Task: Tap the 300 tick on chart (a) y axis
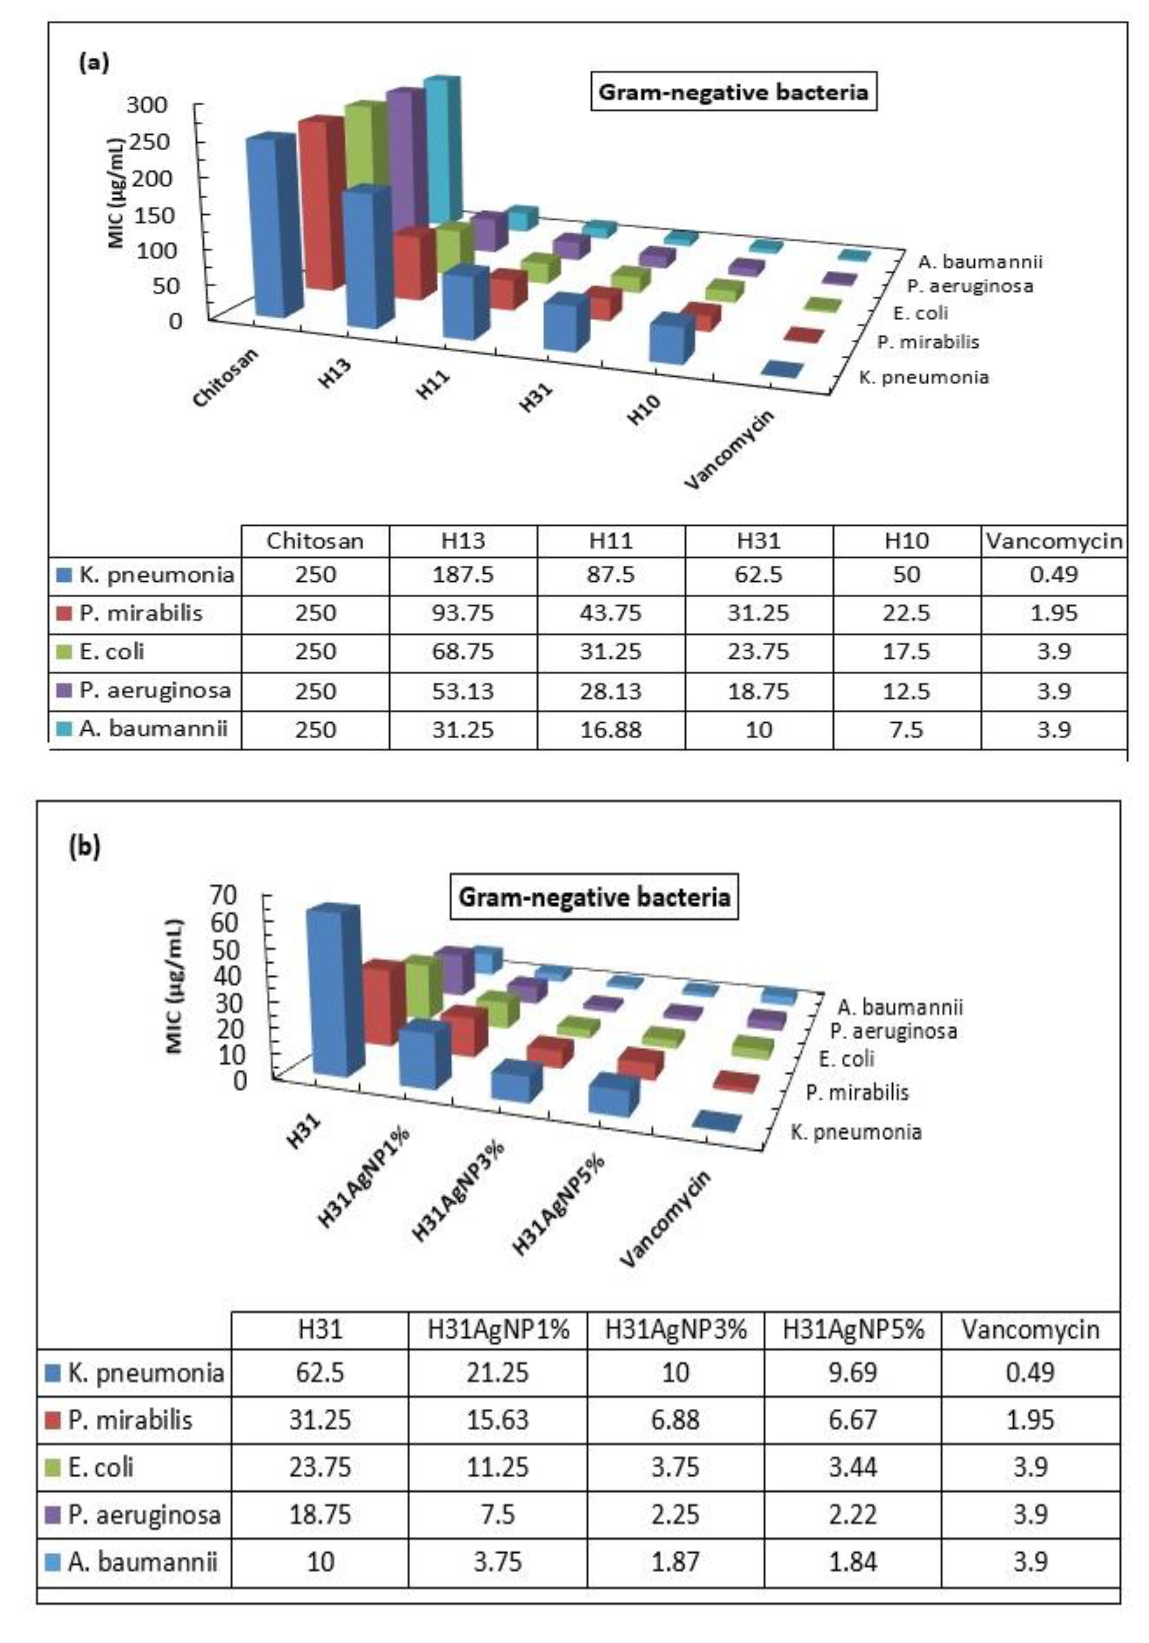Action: (147, 105)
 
